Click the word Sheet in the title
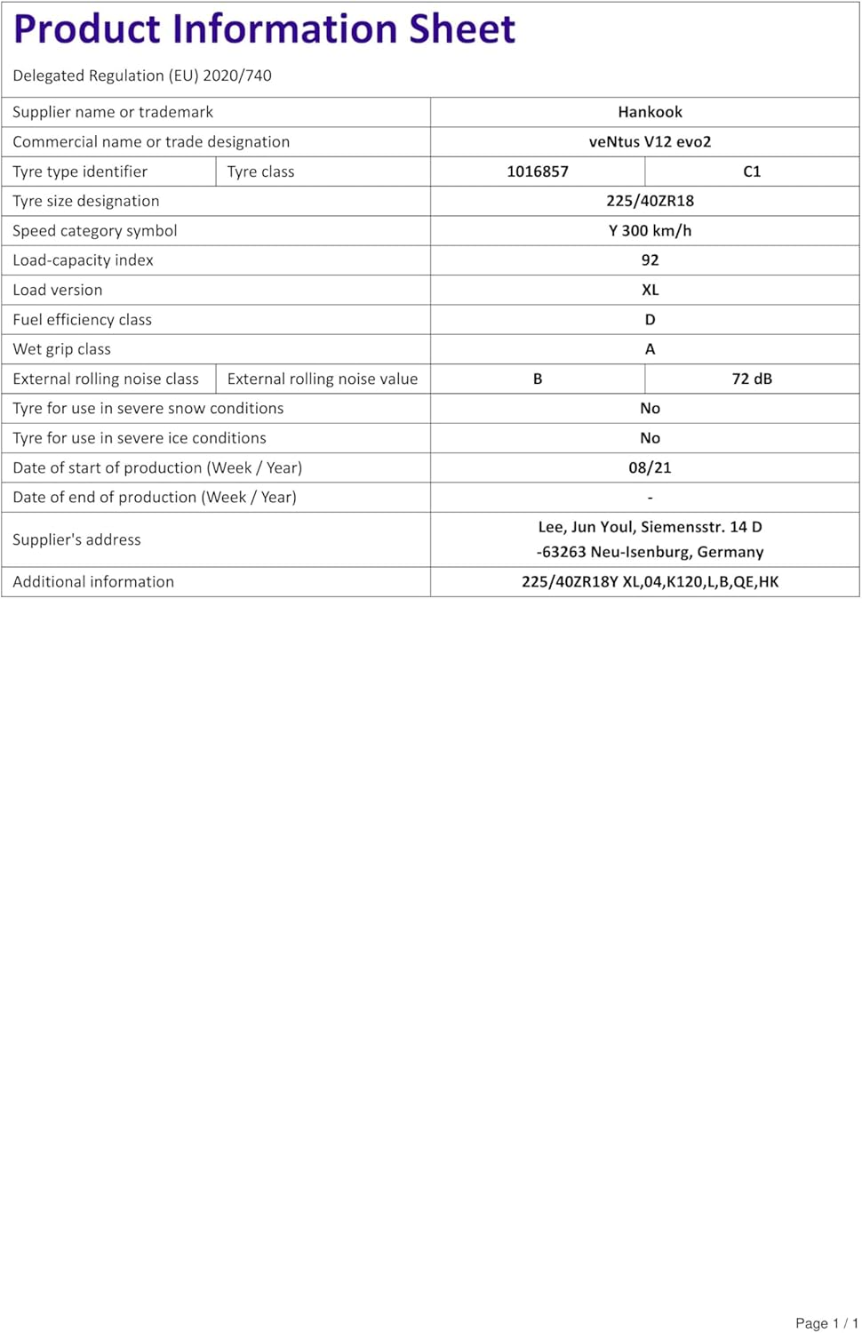point(461,29)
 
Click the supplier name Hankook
point(650,112)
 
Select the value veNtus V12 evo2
point(650,141)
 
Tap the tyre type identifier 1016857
point(537,172)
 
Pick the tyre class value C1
point(752,172)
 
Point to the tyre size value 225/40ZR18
point(650,201)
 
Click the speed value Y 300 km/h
point(650,230)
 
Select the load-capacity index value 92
point(650,260)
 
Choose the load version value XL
point(650,290)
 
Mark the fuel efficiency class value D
point(650,320)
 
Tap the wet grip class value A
point(650,349)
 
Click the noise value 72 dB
point(752,379)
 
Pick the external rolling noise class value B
point(537,379)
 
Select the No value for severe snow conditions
point(650,409)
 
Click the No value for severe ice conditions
point(650,438)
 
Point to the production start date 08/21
point(650,467)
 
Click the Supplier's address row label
point(76,539)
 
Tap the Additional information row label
point(93,582)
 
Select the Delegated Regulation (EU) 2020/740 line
point(142,76)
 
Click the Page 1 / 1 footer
point(826,1323)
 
